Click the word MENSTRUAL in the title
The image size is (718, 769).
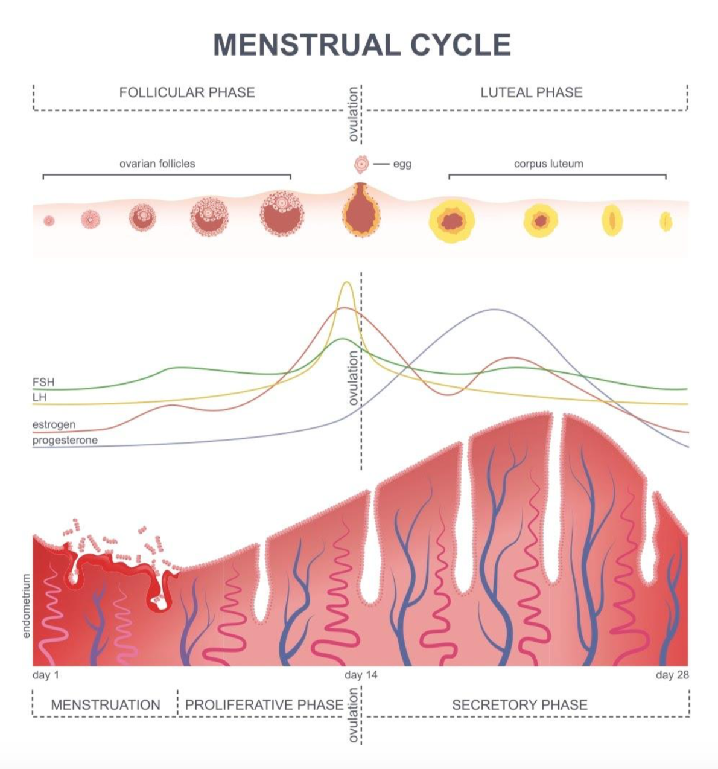(x=307, y=45)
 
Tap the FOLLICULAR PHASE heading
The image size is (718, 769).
(x=187, y=92)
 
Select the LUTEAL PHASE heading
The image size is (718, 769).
(x=532, y=92)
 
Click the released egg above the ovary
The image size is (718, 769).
(x=361, y=165)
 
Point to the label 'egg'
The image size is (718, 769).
(x=402, y=165)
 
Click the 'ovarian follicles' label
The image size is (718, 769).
(x=157, y=164)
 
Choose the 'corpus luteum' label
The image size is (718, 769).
(x=548, y=164)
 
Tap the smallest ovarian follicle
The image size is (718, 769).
(x=49, y=221)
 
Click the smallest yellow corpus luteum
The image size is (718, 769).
(x=666, y=222)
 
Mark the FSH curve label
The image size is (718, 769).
(x=43, y=382)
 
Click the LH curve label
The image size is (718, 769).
(x=39, y=397)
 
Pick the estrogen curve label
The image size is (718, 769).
(x=54, y=424)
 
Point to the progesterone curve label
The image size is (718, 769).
(x=65, y=440)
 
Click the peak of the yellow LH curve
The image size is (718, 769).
(x=346, y=282)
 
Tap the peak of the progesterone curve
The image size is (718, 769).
(x=494, y=310)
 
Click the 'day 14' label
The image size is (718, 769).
(x=361, y=675)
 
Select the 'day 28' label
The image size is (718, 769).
(x=672, y=675)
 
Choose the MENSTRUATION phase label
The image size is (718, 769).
(x=106, y=705)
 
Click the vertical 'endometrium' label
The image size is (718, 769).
(x=27, y=606)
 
